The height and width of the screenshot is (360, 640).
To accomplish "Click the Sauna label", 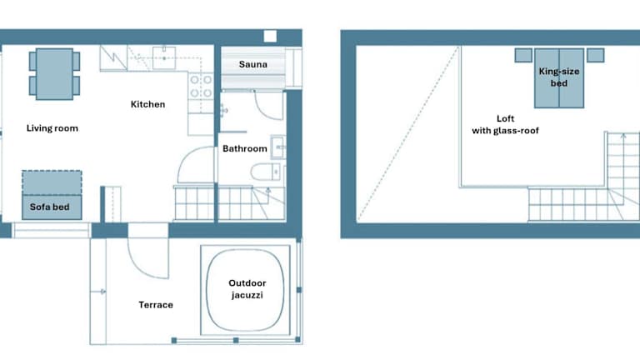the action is click(253, 64).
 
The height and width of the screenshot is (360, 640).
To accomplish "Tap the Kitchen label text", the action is click(147, 104).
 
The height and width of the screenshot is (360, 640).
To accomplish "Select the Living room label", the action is click(52, 128).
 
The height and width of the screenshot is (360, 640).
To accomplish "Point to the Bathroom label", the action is click(245, 148).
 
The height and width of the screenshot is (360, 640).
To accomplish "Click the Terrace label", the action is click(156, 305).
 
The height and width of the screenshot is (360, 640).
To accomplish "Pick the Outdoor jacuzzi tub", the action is click(245, 290).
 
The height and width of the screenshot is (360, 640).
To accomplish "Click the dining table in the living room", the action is click(55, 74).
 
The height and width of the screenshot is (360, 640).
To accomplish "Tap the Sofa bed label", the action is click(49, 207).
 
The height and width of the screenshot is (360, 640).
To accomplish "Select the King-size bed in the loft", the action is click(559, 78).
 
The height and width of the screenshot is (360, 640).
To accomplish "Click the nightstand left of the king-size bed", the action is click(523, 55).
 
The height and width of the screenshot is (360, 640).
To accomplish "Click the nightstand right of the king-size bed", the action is click(596, 55).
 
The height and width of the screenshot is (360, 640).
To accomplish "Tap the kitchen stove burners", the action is click(201, 86).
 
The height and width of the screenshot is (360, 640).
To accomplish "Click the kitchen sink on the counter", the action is click(164, 58).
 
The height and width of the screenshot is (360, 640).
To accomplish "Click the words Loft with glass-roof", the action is click(505, 124).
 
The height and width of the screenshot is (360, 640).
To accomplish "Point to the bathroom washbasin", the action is click(278, 147).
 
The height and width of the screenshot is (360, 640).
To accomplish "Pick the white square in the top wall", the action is click(270, 36).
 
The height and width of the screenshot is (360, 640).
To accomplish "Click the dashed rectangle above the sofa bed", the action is click(52, 182).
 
